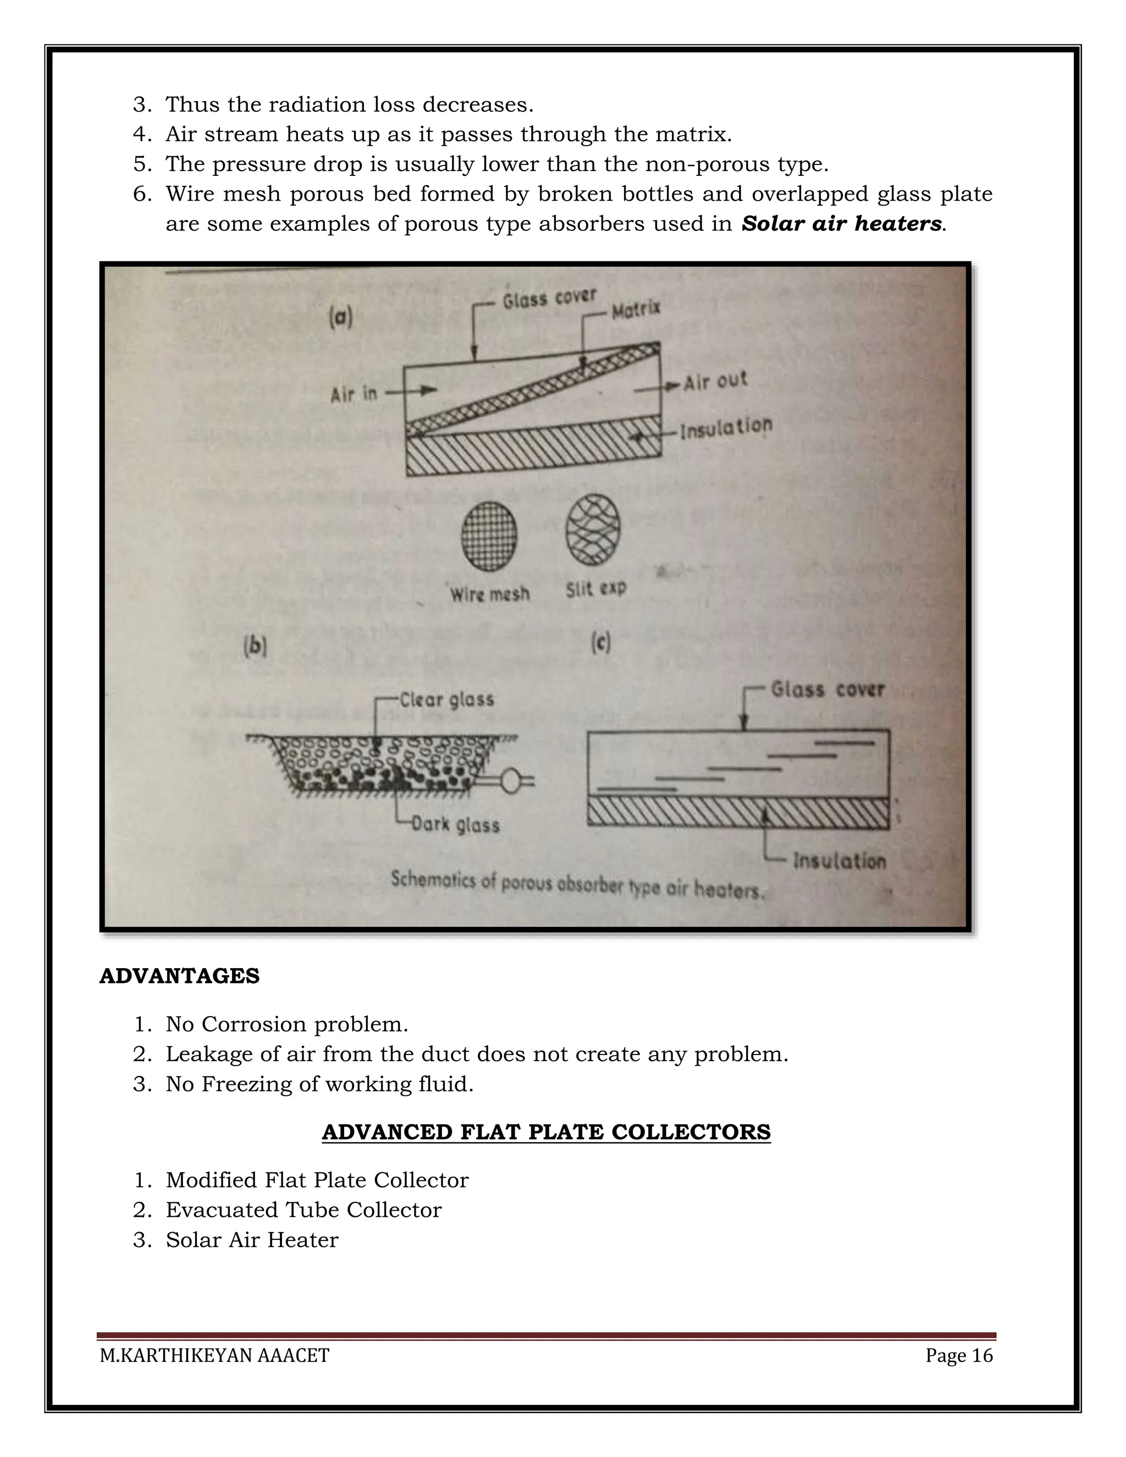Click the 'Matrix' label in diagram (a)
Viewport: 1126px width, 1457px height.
[636, 310]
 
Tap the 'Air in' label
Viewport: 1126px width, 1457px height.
[354, 394]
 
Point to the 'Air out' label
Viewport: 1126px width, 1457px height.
[715, 382]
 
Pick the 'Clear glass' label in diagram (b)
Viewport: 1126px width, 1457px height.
[446, 700]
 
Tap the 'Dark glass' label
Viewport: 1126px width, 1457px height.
[455, 825]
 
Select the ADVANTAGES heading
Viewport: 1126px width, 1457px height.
[179, 976]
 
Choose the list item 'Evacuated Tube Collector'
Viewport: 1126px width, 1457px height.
[303, 1210]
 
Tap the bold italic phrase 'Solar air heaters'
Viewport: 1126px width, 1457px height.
[841, 223]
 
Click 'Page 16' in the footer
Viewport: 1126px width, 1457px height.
[958, 1356]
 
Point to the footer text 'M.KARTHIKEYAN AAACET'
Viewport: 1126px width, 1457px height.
[214, 1356]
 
